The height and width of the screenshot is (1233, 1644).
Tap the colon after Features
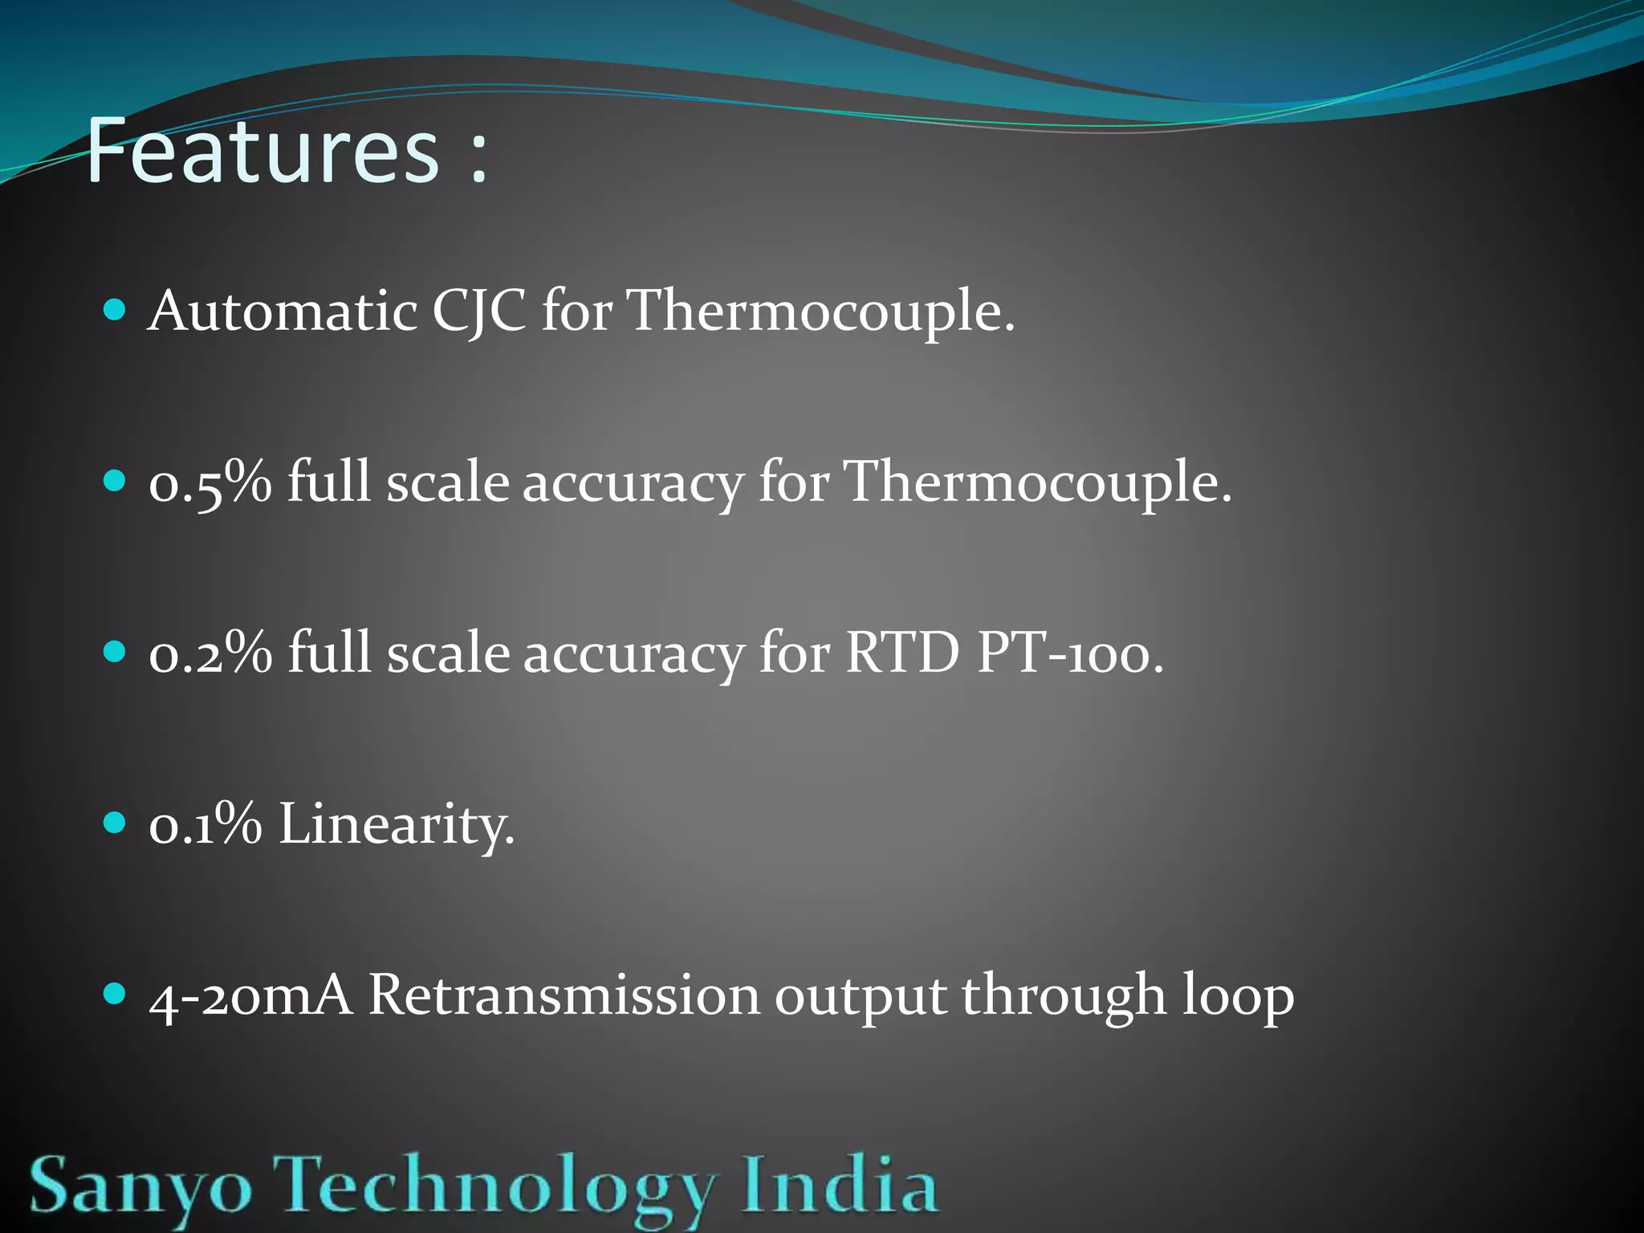479,157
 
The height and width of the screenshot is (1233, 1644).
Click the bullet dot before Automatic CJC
116,310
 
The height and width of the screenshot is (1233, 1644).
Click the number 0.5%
210,483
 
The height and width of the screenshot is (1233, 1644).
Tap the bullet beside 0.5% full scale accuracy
116,481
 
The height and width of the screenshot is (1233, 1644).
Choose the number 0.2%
210,653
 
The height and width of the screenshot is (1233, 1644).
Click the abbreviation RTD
902,653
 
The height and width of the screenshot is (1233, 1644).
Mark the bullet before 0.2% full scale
116,651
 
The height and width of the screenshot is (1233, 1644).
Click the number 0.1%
205,824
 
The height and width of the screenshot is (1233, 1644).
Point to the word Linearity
397,826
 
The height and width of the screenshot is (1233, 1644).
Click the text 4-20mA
250,996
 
